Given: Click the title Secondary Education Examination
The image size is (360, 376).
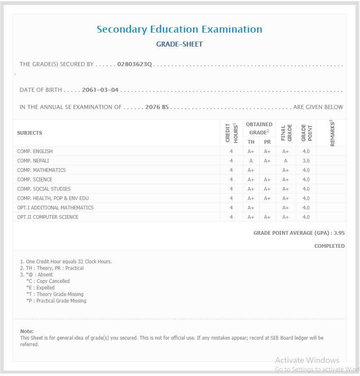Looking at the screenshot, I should pos(179,29).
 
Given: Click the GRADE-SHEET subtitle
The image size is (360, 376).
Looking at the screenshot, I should pos(179,44).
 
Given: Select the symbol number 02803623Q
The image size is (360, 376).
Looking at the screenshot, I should pos(134,64).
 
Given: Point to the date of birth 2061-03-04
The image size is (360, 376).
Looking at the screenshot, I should pos(100,90).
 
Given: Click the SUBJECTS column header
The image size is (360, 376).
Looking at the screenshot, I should pos(29,133).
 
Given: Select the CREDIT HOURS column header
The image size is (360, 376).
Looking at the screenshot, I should pos(231,133).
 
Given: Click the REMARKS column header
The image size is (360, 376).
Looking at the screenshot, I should pos(331,133).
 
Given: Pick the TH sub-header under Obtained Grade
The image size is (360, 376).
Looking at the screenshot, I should pos(251,142).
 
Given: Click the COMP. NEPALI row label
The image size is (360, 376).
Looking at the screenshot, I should pos(33,161).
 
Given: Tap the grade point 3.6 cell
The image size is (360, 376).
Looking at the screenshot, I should pos(306,161).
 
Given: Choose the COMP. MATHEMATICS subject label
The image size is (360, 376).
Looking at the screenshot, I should pos(41,170).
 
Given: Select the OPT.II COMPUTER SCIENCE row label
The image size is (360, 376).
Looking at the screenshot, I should pos(48,217).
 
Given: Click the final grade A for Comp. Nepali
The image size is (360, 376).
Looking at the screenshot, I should pos(286,161).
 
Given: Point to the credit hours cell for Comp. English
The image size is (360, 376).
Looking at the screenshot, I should pos(231,151).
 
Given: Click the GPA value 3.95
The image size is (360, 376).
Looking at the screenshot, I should pos(339,233).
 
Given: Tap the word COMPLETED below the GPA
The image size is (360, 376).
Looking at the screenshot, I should pos(329,246).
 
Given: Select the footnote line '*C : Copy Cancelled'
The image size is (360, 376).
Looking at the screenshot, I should pos(48,281).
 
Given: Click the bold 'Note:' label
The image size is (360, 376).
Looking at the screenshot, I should pos(27,332).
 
